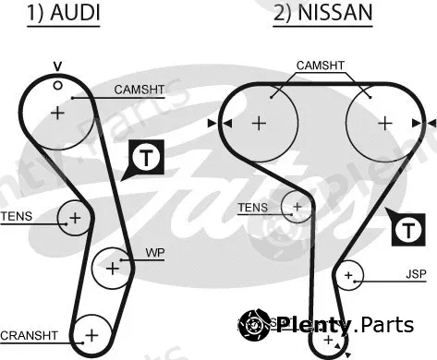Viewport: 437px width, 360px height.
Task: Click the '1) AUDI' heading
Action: [x=64, y=13]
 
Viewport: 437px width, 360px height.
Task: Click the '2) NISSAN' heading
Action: [x=323, y=13]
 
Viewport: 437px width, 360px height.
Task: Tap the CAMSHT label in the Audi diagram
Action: [x=140, y=90]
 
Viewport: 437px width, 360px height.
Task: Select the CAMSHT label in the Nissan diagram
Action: [x=321, y=66]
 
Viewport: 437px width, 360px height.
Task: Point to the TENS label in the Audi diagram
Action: [x=17, y=216]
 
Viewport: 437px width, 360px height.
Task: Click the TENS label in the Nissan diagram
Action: [x=253, y=208]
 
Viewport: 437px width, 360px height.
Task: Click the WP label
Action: [x=155, y=253]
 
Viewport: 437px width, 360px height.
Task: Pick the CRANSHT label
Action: [x=29, y=335]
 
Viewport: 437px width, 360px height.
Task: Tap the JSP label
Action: [x=416, y=274]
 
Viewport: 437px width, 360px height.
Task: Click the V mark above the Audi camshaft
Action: [x=57, y=66]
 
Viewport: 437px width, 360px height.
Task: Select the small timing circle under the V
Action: [x=57, y=85]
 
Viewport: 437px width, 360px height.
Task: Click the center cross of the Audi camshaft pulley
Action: [x=57, y=113]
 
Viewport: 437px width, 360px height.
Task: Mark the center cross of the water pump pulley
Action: [x=113, y=269]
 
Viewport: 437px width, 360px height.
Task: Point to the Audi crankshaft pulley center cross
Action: [x=91, y=335]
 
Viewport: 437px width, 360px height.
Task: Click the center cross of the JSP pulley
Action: [x=348, y=275]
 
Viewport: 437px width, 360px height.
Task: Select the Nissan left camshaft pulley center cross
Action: [x=259, y=124]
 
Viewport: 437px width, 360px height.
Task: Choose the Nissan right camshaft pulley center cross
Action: [x=385, y=124]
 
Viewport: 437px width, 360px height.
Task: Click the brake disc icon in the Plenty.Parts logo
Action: [x=254, y=325]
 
